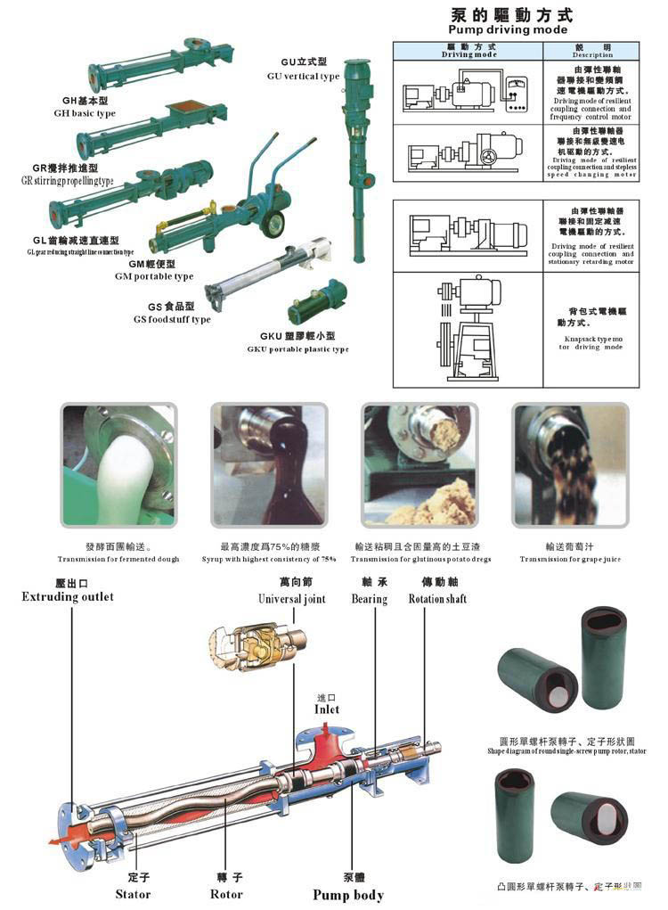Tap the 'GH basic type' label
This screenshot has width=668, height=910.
pyautogui.click(x=85, y=113)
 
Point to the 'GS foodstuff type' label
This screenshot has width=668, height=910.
pyautogui.click(x=172, y=319)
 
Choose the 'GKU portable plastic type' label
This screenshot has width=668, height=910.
pyautogui.click(x=297, y=349)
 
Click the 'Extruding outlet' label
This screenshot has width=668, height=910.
pyautogui.click(x=68, y=596)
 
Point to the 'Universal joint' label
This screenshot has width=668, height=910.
pyautogui.click(x=291, y=599)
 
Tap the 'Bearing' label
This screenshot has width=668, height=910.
pyautogui.click(x=369, y=599)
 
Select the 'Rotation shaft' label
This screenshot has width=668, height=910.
pyautogui.click(x=437, y=599)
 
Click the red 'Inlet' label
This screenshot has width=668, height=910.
pyautogui.click(x=327, y=709)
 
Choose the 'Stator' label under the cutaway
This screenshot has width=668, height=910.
pyautogui.click(x=133, y=894)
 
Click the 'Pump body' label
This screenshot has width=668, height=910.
pyautogui.click(x=347, y=895)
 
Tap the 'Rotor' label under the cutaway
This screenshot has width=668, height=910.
pyautogui.click(x=226, y=894)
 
